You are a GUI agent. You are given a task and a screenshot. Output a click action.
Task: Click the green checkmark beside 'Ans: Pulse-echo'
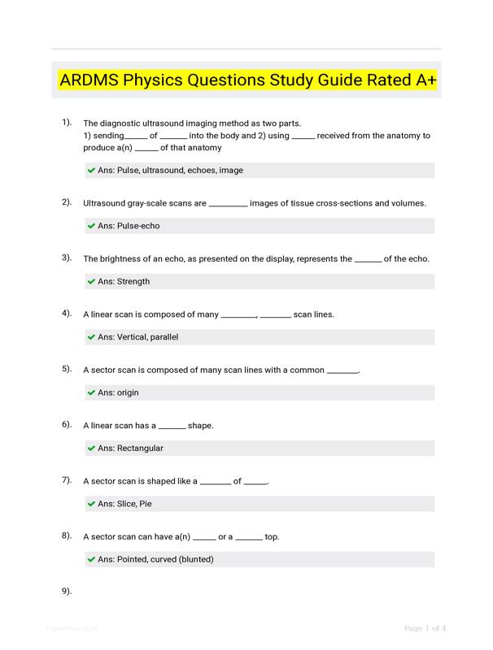[91, 226]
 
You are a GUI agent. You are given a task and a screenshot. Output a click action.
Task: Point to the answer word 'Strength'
[133, 282]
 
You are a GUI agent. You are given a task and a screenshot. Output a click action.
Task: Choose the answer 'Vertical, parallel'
[147, 337]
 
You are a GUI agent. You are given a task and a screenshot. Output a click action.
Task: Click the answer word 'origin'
[128, 392]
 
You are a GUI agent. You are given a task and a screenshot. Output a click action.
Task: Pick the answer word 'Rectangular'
[140, 448]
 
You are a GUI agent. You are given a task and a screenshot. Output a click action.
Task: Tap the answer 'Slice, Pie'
[134, 504]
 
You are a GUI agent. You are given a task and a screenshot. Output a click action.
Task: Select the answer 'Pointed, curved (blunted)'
[165, 560]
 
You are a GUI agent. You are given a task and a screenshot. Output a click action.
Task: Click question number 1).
[67, 122]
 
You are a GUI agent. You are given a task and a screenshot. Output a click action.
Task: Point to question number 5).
[67, 369]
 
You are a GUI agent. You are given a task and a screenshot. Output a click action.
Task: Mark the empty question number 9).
[67, 591]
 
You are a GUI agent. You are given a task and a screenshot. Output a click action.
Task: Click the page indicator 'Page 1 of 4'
[425, 628]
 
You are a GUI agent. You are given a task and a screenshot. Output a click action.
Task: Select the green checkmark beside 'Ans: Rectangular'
[91, 448]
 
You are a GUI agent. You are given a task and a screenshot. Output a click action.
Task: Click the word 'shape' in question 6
[199, 426]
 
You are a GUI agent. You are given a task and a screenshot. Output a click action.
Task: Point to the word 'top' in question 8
[272, 537]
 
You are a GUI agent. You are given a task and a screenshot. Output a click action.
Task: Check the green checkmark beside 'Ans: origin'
[91, 392]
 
